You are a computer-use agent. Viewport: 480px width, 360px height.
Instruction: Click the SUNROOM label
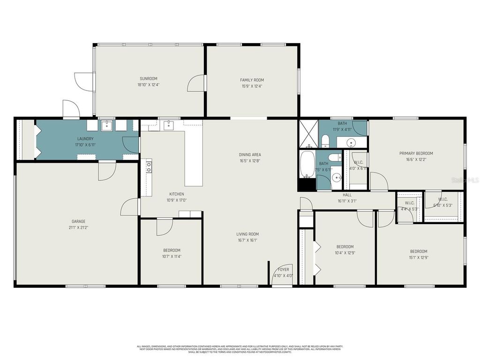[x=148, y=79]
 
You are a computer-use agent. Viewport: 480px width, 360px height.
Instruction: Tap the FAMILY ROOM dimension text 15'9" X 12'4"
[x=252, y=86]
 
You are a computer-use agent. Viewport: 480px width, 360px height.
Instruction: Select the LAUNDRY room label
[x=85, y=139]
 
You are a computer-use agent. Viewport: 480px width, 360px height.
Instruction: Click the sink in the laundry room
[x=107, y=125]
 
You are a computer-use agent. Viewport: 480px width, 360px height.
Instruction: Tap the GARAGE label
[x=78, y=221]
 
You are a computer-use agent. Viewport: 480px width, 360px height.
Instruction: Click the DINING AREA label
[x=250, y=155]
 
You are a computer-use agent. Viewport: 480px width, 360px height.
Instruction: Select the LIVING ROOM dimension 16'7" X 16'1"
[x=247, y=240]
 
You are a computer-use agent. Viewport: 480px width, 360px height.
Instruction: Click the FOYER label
[x=283, y=270]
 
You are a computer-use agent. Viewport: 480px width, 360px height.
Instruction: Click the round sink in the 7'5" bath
[x=336, y=178]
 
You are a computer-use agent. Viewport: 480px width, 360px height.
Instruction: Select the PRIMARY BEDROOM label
[x=416, y=153]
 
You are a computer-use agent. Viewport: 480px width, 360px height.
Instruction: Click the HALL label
[x=347, y=195]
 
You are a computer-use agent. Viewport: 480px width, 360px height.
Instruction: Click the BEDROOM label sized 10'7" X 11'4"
[x=172, y=250]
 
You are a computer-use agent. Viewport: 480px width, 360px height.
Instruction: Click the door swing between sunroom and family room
[x=195, y=83]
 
